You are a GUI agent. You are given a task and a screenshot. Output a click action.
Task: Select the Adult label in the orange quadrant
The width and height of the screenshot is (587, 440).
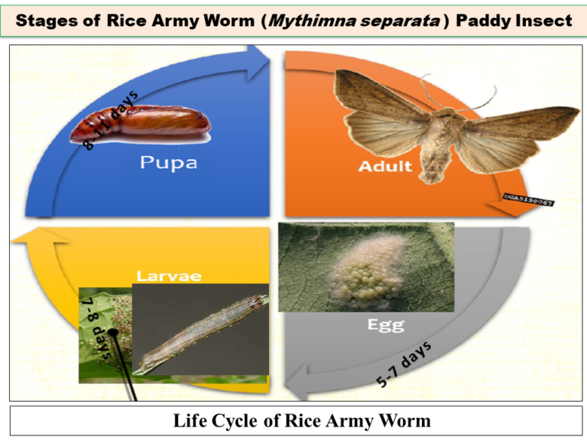(386, 166)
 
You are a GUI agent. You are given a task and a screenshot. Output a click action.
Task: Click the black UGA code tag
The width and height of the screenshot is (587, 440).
(529, 200)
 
